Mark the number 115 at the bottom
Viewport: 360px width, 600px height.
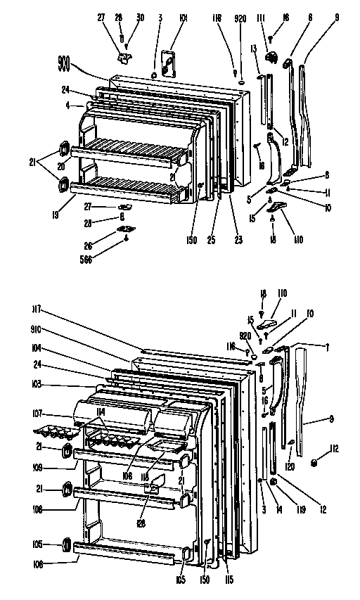(x=229, y=580)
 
